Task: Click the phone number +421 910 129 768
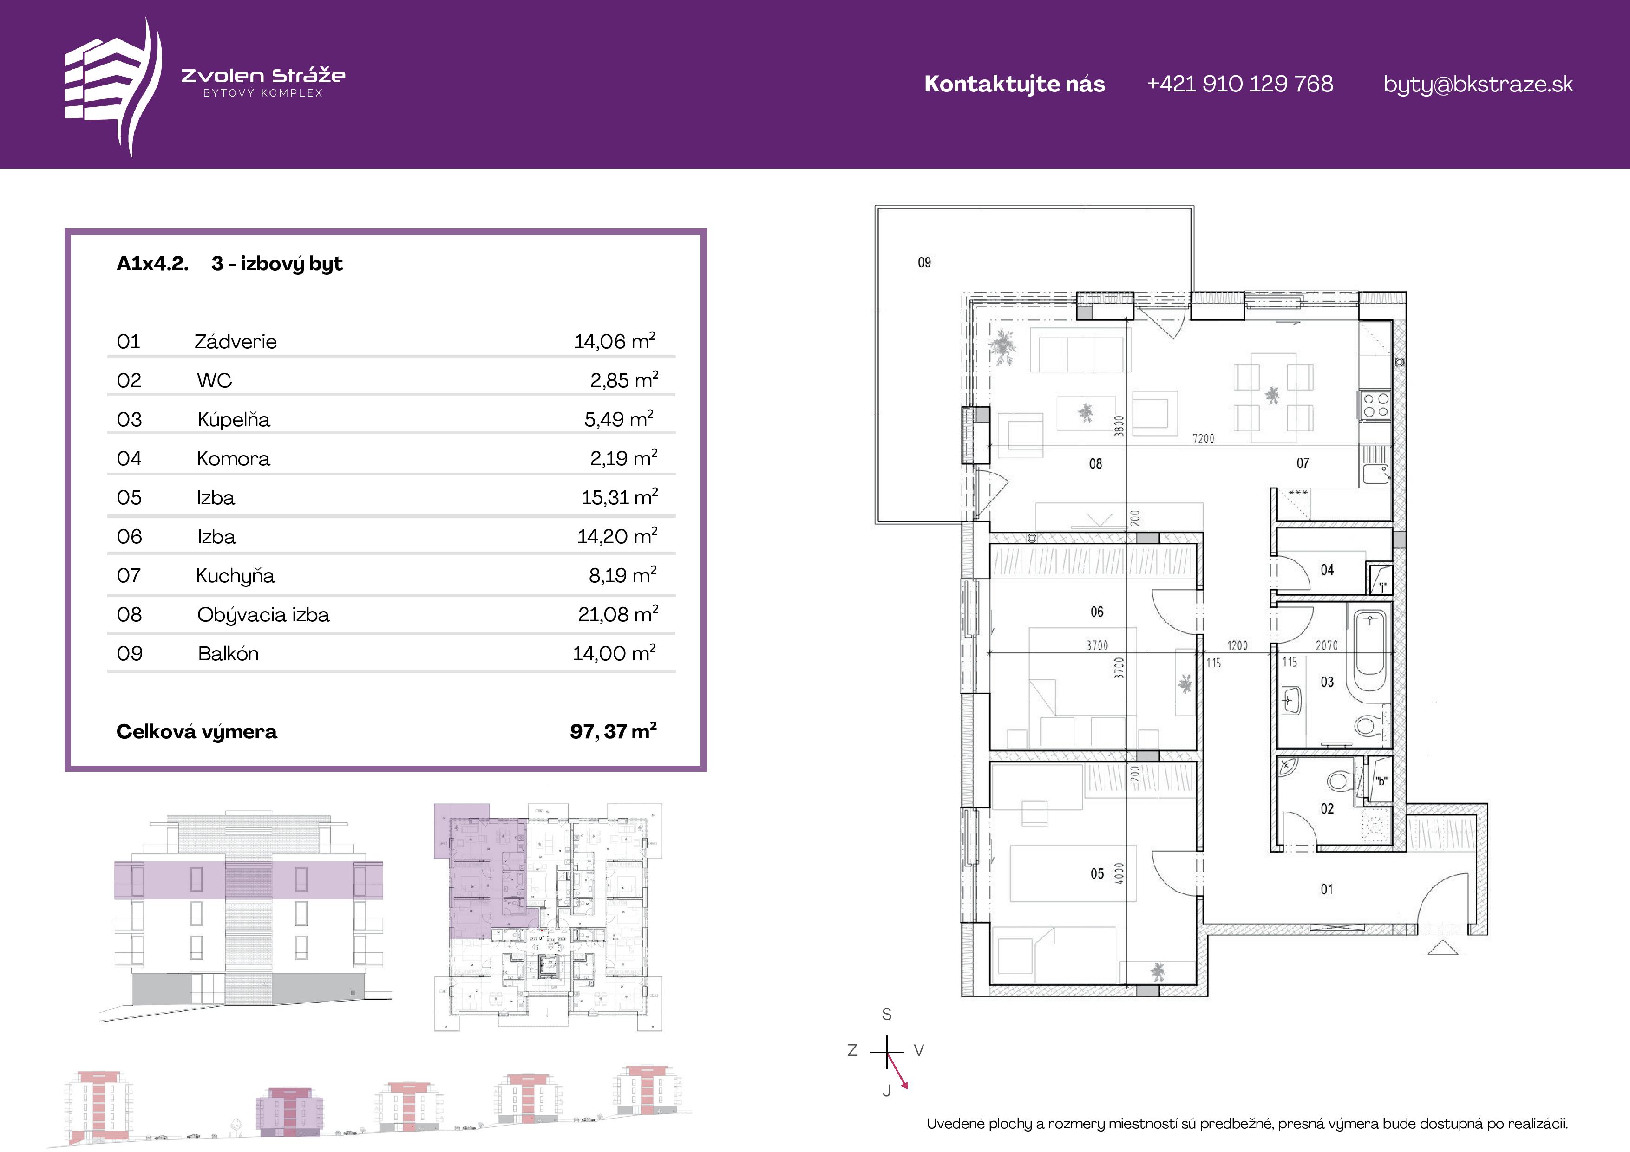point(1239,84)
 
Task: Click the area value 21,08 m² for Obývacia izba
point(618,613)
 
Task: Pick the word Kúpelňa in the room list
point(234,419)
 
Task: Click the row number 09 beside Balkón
point(129,653)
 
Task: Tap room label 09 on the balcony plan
point(924,263)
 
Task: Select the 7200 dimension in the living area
point(1203,438)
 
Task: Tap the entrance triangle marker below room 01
point(1442,947)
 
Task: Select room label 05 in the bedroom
point(1097,874)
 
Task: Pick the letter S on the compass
point(887,1014)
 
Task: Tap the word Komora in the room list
point(234,459)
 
